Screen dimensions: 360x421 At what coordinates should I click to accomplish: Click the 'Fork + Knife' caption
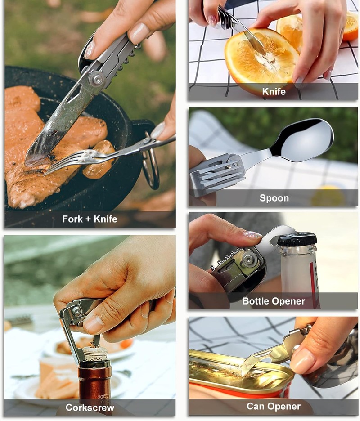[x=90, y=219]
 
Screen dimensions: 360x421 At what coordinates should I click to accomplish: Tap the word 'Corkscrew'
[x=90, y=408]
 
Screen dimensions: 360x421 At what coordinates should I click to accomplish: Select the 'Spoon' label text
[x=274, y=198]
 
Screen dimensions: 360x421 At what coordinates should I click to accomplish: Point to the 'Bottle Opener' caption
[x=274, y=301]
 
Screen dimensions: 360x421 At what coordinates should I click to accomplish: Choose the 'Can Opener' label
[x=274, y=406]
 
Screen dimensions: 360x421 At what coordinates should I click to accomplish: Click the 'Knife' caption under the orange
[x=274, y=92]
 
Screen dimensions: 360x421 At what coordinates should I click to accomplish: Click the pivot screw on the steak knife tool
[x=97, y=80]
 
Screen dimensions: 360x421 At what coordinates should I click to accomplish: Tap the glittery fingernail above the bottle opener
[x=252, y=235]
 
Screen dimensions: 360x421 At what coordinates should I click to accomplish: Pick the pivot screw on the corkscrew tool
[x=77, y=311]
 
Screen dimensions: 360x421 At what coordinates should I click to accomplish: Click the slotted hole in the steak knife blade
[x=74, y=94]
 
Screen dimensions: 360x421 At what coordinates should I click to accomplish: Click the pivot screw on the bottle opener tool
[x=248, y=260]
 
